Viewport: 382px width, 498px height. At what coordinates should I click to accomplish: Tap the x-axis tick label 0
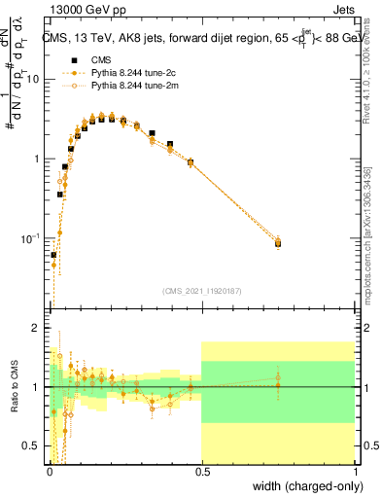pyautogui.click(x=48, y=473)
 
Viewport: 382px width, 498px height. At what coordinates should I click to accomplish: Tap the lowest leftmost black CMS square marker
pyautogui.click(x=53, y=255)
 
